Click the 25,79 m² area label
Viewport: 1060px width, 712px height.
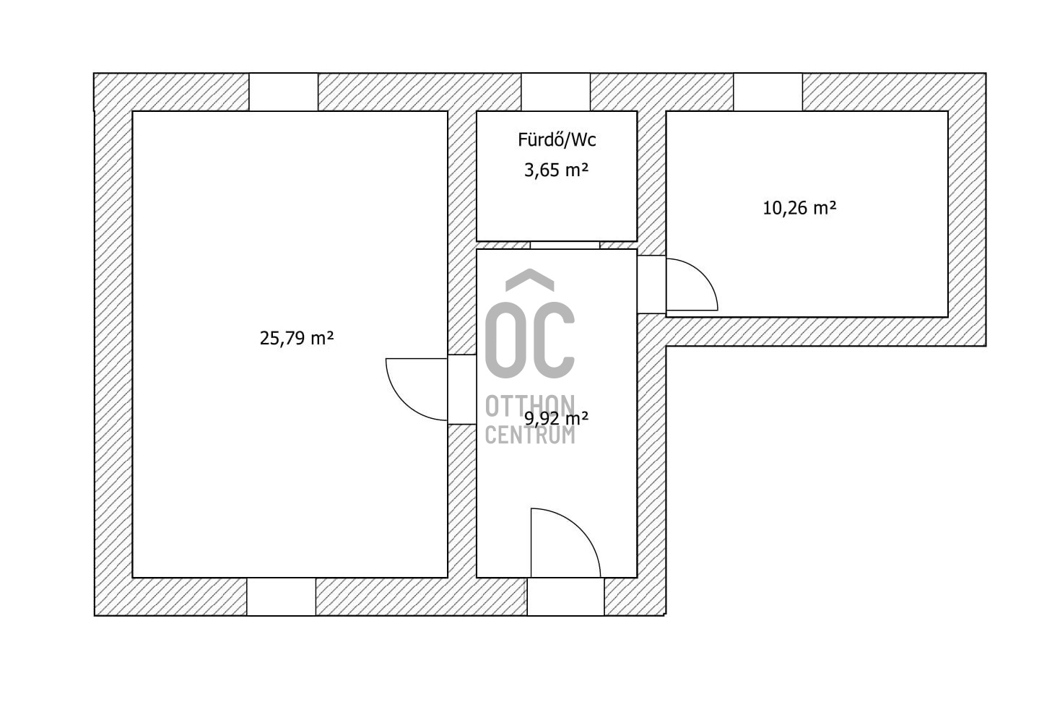(297, 339)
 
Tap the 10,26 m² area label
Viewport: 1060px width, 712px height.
(799, 208)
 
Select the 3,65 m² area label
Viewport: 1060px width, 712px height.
(556, 170)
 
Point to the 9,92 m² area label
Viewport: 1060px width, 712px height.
(556, 419)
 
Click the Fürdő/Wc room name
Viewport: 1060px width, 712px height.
(557, 140)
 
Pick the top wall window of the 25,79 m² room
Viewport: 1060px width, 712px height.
(284, 92)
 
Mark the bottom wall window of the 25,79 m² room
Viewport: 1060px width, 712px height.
(281, 596)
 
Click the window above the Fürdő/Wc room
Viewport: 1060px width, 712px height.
(555, 92)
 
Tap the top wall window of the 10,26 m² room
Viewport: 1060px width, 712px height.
(768, 92)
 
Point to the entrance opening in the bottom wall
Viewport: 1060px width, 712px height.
(565, 596)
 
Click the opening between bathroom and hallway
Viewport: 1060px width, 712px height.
(565, 245)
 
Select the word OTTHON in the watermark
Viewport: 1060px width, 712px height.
(530, 406)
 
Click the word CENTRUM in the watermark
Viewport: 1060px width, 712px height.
(530, 435)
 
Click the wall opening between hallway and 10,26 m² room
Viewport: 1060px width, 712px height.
(651, 285)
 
